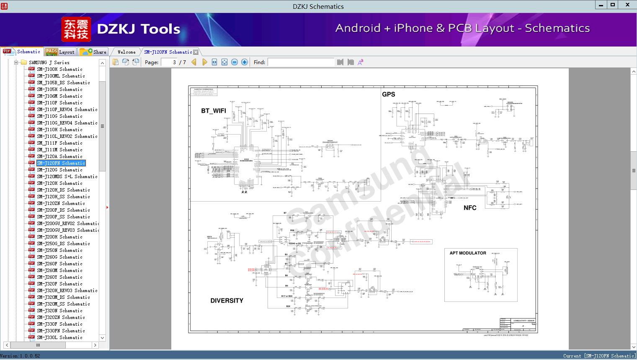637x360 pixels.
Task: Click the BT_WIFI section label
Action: pyautogui.click(x=214, y=111)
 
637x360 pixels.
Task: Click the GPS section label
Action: pyautogui.click(x=388, y=94)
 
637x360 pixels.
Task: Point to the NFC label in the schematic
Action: pyautogui.click(x=470, y=208)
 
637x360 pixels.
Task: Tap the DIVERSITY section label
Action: pyautogui.click(x=227, y=300)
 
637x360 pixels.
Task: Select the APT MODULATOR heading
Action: pyautogui.click(x=468, y=253)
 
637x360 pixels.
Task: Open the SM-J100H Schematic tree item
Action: pyautogui.click(x=59, y=69)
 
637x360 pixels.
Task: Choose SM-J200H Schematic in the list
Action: pyautogui.click(x=59, y=237)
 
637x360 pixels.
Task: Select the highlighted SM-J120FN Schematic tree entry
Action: pyautogui.click(x=61, y=163)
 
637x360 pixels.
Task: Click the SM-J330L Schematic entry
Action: pyautogui.click(x=59, y=337)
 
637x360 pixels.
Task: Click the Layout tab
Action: pyautogui.click(x=60, y=52)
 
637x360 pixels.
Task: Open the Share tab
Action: pyautogui.click(x=94, y=52)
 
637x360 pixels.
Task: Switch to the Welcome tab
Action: pyautogui.click(x=126, y=52)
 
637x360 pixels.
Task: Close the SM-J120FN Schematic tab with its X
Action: pyautogui.click(x=196, y=52)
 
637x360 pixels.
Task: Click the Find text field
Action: pyautogui.click(x=301, y=62)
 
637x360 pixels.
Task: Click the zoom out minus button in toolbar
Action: pyautogui.click(x=235, y=62)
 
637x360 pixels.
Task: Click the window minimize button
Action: pyautogui.click(x=601, y=5)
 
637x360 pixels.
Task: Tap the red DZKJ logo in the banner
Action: pyautogui.click(x=76, y=29)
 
